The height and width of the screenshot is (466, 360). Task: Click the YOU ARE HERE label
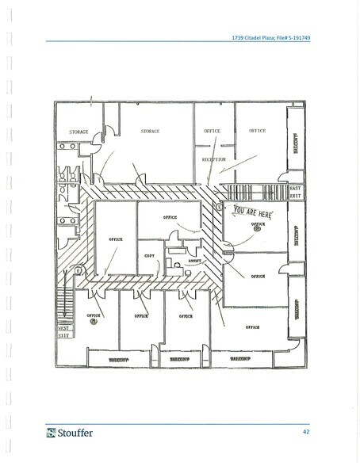[255, 212]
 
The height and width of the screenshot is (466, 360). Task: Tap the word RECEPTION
[214, 159]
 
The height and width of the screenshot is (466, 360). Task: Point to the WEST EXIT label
[63, 331]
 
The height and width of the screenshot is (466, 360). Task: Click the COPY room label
[150, 254]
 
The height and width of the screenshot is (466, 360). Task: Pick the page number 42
[305, 432]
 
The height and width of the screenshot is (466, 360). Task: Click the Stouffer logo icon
[51, 433]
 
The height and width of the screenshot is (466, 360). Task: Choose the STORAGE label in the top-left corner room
[78, 132]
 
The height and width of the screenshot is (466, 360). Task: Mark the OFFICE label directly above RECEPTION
[212, 131]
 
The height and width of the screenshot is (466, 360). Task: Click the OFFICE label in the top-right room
[257, 130]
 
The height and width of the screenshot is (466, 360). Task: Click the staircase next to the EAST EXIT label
[239, 191]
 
